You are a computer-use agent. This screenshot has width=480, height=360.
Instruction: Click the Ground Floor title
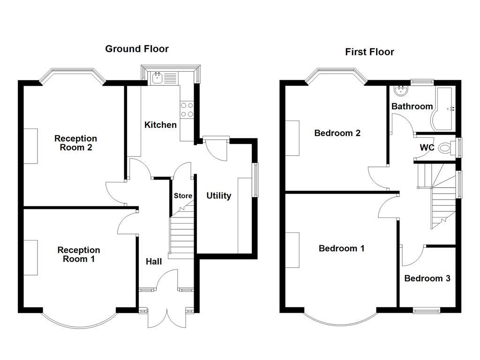136,49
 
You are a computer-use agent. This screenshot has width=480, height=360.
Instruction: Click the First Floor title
369,52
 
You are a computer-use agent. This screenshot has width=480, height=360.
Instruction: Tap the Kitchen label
160,125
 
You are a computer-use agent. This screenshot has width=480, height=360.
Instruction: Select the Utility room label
218,195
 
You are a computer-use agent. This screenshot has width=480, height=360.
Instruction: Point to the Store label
183,195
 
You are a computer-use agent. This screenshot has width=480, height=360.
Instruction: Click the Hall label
153,262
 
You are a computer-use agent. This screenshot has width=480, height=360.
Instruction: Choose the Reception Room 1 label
79,255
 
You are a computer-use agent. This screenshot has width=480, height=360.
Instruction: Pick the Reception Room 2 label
75,143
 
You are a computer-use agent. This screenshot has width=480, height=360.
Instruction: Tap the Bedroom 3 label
427,278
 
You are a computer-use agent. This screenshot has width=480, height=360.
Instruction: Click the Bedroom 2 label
337,133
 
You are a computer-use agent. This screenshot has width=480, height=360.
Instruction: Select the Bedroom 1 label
341,248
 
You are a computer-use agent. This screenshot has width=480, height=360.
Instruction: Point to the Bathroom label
412,106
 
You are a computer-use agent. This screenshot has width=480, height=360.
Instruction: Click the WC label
427,148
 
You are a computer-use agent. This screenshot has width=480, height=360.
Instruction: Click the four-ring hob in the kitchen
187,110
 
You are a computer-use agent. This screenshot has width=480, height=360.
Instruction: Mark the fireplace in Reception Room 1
31,258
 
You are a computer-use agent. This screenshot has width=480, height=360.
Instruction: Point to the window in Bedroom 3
427,309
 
